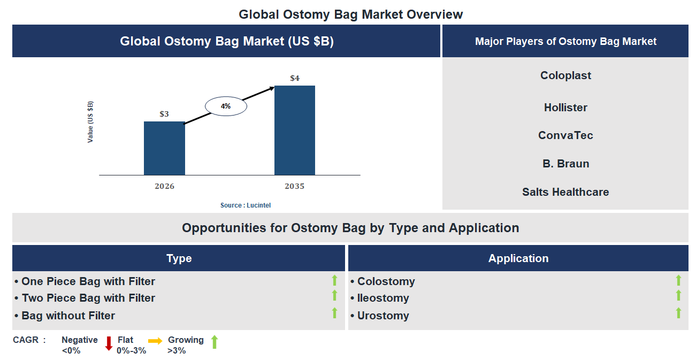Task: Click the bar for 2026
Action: coord(164,148)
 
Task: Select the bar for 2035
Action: coord(294,130)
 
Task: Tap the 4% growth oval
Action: coord(226,106)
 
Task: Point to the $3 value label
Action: coord(164,114)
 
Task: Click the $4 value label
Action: coord(295,78)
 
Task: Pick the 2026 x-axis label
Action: coord(164,186)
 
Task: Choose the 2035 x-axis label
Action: coord(294,186)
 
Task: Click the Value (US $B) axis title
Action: coord(90,121)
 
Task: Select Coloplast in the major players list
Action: coord(565,75)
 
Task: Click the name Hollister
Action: coord(565,108)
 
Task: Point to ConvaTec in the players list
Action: coord(565,135)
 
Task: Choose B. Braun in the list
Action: coord(565,164)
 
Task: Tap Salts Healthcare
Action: coord(565,192)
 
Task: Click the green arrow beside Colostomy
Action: coord(678,280)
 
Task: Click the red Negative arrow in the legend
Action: coord(109,343)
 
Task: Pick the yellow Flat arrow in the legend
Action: coord(155,340)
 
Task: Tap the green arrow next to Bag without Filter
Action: coord(334,313)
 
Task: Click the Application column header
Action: coord(518,258)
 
